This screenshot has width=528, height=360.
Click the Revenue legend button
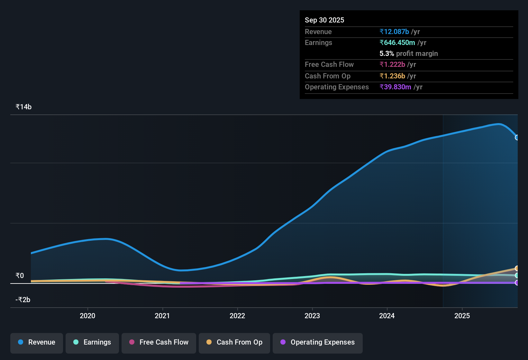pos(37,342)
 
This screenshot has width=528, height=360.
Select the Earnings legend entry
pos(92,342)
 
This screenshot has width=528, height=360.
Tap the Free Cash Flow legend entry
pos(159,342)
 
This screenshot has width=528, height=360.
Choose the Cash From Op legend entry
pos(234,342)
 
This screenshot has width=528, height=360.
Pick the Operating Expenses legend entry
pos(318,342)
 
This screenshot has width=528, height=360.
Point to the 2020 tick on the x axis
pos(87,316)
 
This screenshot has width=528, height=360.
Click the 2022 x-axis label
pos(237,316)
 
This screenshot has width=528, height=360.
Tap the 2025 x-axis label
pos(462,316)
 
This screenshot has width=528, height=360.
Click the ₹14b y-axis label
pos(23,107)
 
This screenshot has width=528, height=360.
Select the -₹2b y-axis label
pos(23,300)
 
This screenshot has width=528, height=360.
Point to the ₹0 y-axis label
pos(20,276)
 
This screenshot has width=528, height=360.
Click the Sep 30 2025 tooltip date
pos(324,20)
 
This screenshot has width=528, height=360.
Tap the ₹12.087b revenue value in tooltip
pos(394,32)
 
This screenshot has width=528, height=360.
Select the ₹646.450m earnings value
pos(397,43)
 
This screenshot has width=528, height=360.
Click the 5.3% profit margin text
pos(409,54)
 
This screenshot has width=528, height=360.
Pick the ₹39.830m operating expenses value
pos(395,87)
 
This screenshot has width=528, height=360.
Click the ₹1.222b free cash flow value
pos(392,65)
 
